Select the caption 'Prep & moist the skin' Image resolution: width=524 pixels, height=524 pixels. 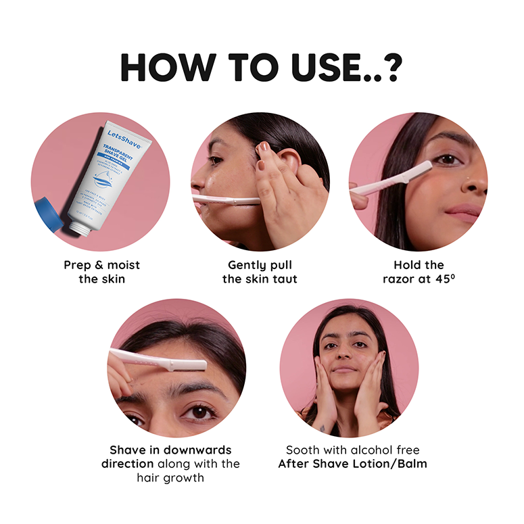(101, 272)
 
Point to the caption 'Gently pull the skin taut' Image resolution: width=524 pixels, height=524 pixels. (260, 272)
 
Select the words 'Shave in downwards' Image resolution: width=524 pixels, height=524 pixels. (170, 450)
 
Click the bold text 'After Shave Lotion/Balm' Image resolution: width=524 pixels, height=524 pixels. (352, 464)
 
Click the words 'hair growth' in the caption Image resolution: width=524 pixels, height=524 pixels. (170, 477)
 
